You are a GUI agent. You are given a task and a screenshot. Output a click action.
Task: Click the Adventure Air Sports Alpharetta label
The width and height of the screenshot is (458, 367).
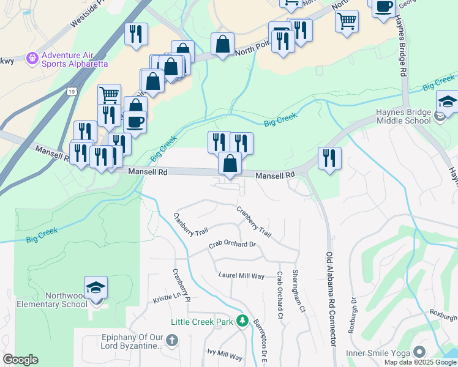point(74,59)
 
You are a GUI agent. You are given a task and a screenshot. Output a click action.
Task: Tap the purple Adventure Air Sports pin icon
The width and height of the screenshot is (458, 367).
point(32,59)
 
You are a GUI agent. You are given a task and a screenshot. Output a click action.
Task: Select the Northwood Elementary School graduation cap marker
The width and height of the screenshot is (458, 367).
point(96,287)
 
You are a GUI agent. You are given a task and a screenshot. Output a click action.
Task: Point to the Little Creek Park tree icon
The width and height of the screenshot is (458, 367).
point(242,321)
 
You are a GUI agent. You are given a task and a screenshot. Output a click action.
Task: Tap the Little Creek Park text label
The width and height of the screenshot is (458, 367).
point(202,322)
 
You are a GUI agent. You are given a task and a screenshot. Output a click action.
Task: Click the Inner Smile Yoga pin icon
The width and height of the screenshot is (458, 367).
point(419,352)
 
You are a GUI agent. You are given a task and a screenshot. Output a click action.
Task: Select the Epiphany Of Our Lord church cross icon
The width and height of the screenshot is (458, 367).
point(172,339)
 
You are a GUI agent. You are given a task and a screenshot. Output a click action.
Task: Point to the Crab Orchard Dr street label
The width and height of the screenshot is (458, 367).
point(231,245)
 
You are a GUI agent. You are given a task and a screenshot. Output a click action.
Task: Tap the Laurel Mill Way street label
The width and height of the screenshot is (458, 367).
point(242,276)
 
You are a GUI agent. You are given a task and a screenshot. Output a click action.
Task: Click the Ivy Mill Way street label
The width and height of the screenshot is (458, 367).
point(225,355)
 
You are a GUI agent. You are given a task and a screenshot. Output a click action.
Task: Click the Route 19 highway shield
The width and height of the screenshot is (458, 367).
point(71,91)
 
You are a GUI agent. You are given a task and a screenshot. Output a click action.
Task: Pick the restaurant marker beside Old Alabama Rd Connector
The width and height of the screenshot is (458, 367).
point(329,158)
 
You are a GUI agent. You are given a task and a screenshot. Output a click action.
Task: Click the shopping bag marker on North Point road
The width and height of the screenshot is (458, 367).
point(222,44)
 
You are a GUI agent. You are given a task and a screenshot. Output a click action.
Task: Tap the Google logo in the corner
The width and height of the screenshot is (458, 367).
point(20,360)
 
